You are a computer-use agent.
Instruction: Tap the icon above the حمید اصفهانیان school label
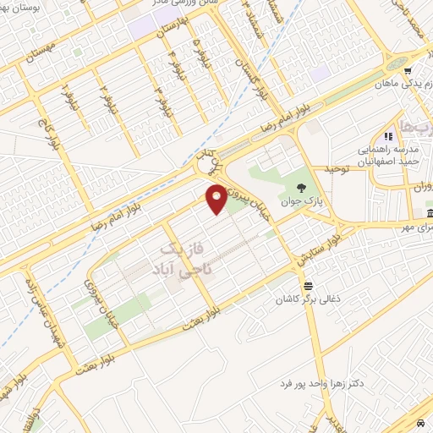[x=388, y=135]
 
